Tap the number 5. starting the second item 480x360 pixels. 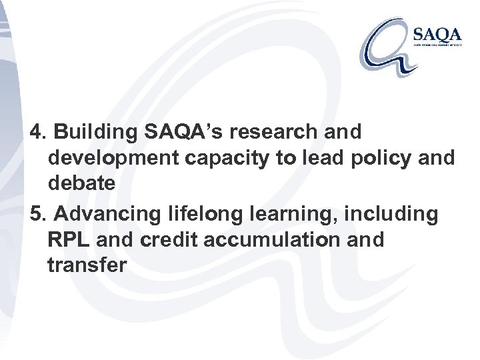pos(39,213)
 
